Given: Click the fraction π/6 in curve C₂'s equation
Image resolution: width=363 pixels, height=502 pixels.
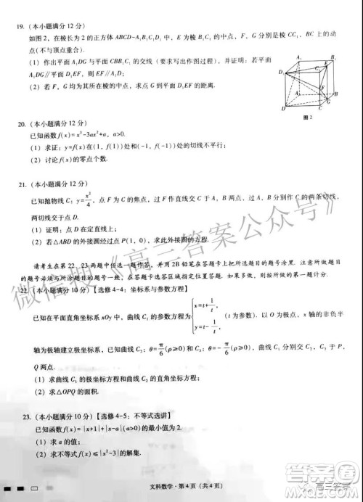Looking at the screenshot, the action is click(x=172, y=349).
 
